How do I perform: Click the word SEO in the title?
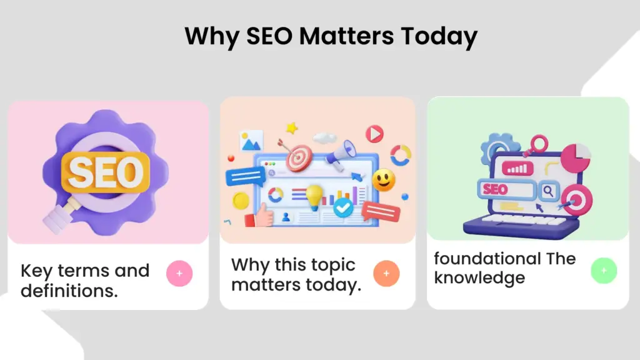click(269, 36)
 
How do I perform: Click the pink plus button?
click(179, 274)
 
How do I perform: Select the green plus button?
click(604, 271)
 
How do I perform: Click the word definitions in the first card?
click(69, 291)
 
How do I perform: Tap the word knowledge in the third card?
click(479, 278)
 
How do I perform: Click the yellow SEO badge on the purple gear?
click(106, 172)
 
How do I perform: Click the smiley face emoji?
click(383, 180)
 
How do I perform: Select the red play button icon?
click(374, 134)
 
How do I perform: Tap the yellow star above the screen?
click(292, 128)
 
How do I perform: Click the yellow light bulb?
click(314, 197)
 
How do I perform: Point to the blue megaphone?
click(341, 155)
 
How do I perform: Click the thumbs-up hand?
click(259, 215)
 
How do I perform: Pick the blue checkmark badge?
click(343, 207)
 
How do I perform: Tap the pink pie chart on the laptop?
click(576, 158)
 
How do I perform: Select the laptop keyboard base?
click(521, 226)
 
